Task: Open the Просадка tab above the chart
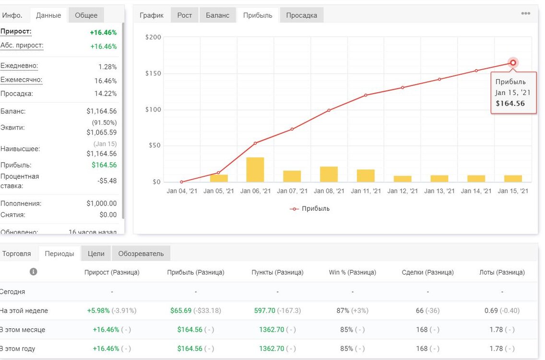(x=301, y=15)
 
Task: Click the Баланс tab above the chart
(x=218, y=15)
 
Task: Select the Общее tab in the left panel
(x=86, y=15)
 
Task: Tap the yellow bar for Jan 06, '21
(x=255, y=170)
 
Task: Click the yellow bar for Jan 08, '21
(x=329, y=174)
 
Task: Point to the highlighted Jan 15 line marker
(x=513, y=63)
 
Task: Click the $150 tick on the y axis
(x=154, y=73)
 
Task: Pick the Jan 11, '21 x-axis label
(x=366, y=191)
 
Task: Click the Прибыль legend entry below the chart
(x=310, y=209)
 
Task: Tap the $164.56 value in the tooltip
(x=510, y=103)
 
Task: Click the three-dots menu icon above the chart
(x=525, y=13)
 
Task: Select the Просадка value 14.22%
(x=106, y=94)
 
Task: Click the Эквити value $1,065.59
(x=102, y=132)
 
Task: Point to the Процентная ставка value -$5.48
(x=107, y=181)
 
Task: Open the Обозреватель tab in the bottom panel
(x=141, y=253)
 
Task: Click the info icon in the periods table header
(x=34, y=272)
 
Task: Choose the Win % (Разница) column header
(x=353, y=272)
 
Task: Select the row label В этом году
(x=17, y=348)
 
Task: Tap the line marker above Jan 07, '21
(x=292, y=129)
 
